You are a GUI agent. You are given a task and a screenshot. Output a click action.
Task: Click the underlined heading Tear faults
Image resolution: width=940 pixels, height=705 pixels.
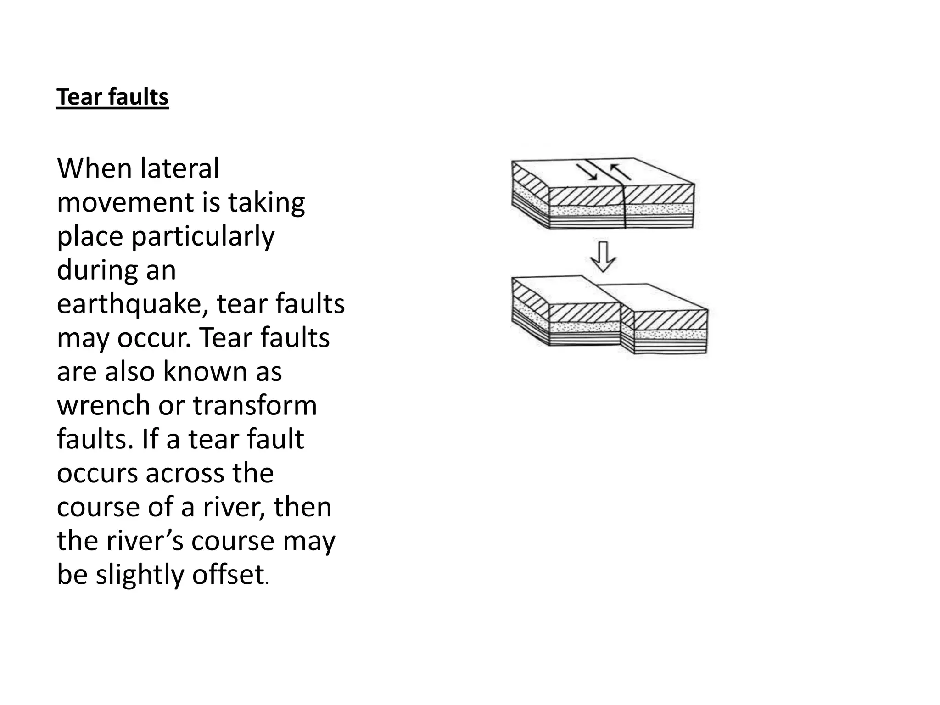click(x=112, y=97)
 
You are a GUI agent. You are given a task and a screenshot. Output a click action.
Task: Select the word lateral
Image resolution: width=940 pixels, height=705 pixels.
click(x=179, y=168)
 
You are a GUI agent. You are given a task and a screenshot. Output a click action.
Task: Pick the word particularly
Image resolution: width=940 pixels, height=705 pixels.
click(x=203, y=237)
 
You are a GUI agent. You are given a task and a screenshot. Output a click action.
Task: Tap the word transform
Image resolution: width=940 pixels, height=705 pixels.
click(x=255, y=406)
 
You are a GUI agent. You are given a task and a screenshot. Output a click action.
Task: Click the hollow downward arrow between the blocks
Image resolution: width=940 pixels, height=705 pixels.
click(x=603, y=257)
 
